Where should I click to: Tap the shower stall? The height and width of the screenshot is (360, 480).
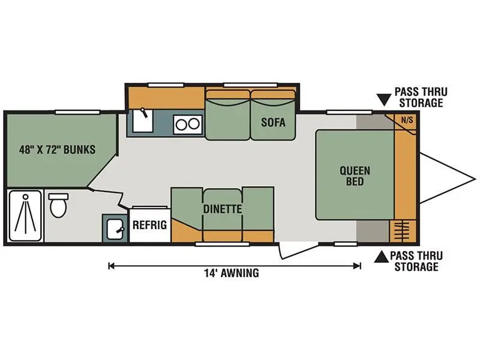point(25,216)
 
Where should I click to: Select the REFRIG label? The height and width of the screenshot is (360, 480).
point(149,225)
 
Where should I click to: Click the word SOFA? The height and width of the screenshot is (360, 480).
point(273,122)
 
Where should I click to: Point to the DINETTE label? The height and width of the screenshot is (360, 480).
point(223,209)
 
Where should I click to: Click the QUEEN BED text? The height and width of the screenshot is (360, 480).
point(355,176)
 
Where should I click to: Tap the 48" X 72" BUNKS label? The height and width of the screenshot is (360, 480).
point(57,149)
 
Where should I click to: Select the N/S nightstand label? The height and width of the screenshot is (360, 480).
point(407,120)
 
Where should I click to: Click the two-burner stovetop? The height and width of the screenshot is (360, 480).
point(188,124)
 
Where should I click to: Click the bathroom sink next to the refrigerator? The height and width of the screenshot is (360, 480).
point(115,229)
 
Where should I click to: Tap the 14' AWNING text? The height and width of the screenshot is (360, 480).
point(232,273)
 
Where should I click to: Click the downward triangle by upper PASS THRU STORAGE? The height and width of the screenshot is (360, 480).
point(384,100)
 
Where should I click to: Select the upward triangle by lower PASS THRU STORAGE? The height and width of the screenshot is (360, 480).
point(382,257)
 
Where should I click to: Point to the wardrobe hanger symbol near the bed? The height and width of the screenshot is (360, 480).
point(401,231)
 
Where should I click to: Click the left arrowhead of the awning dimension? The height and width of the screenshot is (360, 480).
point(112,266)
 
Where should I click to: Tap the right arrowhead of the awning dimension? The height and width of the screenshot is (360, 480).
point(358,266)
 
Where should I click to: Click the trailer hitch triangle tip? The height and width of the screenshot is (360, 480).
point(475,178)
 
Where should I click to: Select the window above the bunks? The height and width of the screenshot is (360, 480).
point(78,112)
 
